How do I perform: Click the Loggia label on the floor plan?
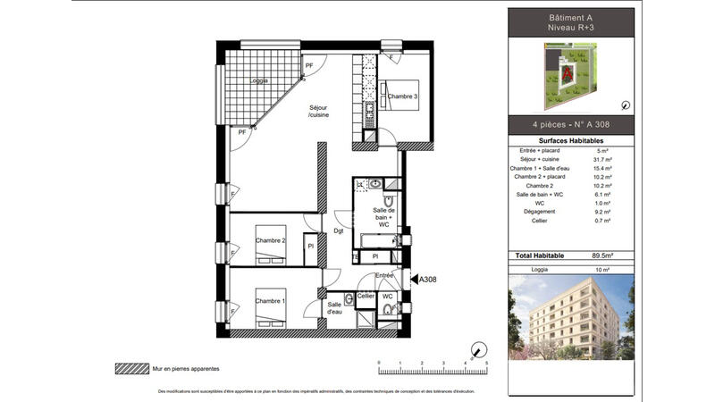[259, 80]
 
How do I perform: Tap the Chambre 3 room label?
[403, 96]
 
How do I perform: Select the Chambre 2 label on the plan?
[271, 240]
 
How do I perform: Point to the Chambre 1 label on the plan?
[271, 301]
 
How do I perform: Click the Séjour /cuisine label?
[319, 112]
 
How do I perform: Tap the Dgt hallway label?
[338, 231]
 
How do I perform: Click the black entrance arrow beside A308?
[412, 280]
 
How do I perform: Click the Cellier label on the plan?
[366, 296]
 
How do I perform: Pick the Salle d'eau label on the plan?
[334, 308]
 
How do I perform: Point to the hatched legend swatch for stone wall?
[132, 368]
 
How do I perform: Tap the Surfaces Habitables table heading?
[571, 141]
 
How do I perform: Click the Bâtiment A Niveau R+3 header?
[571, 24]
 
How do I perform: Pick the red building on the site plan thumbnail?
[566, 70]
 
